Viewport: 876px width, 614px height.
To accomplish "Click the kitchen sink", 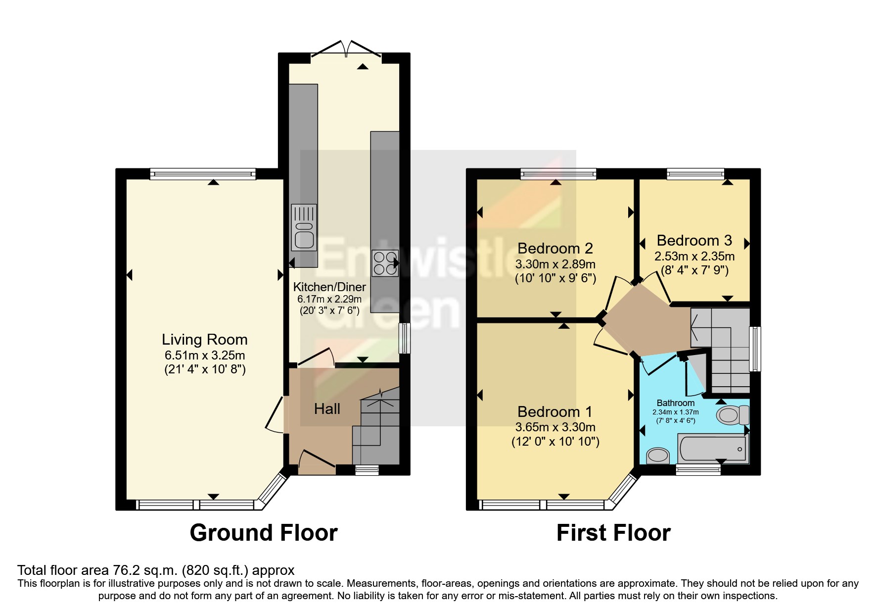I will [x=304, y=228].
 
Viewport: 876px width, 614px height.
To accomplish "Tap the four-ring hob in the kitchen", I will [x=386, y=263].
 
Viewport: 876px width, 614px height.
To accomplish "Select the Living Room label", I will [x=204, y=340].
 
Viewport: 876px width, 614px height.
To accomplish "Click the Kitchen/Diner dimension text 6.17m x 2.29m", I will [x=329, y=299].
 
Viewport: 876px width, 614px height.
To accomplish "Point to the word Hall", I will [x=327, y=409].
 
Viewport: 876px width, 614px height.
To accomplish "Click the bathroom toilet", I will [x=734, y=415].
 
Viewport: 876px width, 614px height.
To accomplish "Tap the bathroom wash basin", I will [x=658, y=455].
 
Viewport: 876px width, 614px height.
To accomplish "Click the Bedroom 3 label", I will [x=694, y=241].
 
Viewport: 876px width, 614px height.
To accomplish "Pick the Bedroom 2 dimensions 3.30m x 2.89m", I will [x=555, y=264].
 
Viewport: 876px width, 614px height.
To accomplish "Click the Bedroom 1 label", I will [x=554, y=412].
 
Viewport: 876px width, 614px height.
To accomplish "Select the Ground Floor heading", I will [x=263, y=533].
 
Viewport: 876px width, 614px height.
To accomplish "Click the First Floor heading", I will [x=613, y=533].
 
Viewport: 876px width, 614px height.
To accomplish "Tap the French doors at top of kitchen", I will [x=347, y=49].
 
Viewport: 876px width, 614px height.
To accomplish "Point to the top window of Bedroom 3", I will [x=695, y=173].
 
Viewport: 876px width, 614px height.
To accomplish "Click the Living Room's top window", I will [x=203, y=173].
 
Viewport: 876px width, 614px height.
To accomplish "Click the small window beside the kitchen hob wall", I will [x=405, y=338].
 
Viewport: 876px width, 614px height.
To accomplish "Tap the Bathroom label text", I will [x=675, y=403].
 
